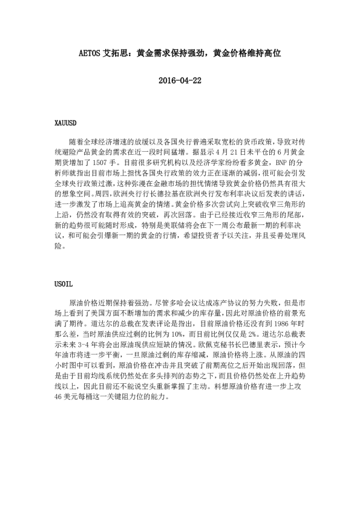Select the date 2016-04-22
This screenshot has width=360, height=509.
coord(179,81)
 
